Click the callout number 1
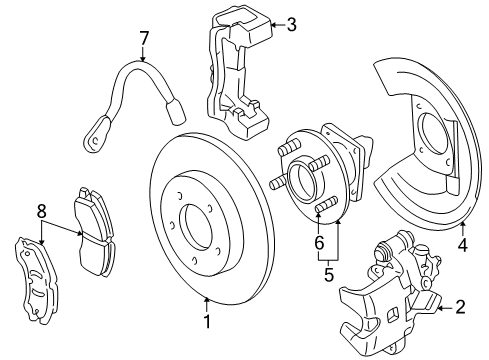207,322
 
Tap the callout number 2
460,308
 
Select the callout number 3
291,25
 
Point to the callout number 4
462,241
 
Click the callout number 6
319,243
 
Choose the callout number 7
144,39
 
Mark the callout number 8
42,211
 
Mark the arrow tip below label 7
144,62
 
